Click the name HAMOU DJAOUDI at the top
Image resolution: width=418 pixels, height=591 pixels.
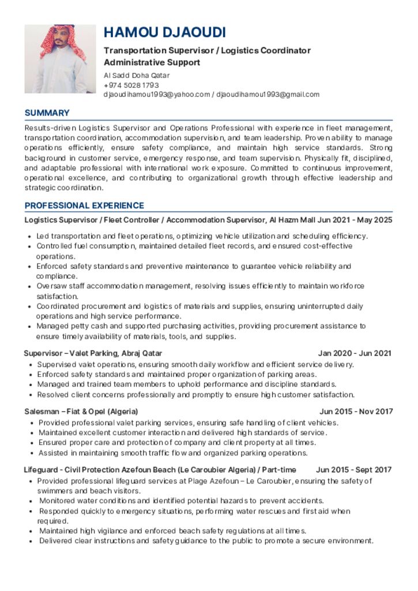164,32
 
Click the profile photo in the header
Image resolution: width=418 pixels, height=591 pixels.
60,58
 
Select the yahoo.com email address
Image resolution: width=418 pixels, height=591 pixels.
157,94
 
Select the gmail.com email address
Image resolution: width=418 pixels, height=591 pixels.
268,94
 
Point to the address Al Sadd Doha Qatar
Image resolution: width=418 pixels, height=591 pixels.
137,76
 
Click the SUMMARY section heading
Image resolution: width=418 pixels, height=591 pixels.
47,113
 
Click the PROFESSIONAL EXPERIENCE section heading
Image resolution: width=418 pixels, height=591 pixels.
84,205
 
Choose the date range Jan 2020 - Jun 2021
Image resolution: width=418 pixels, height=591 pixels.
355,353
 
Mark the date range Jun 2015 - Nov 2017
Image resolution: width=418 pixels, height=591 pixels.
356,412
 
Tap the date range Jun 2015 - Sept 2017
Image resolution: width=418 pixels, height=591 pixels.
353,470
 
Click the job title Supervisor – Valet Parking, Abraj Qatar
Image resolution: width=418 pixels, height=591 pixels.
93,353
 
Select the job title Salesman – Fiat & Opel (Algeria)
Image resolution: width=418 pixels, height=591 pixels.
81,412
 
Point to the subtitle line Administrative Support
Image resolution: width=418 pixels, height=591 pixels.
152,62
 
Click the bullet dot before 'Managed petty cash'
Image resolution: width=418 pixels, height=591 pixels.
29,327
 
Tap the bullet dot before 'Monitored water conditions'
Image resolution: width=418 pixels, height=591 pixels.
29,501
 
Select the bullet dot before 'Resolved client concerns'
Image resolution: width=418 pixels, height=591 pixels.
29,395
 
